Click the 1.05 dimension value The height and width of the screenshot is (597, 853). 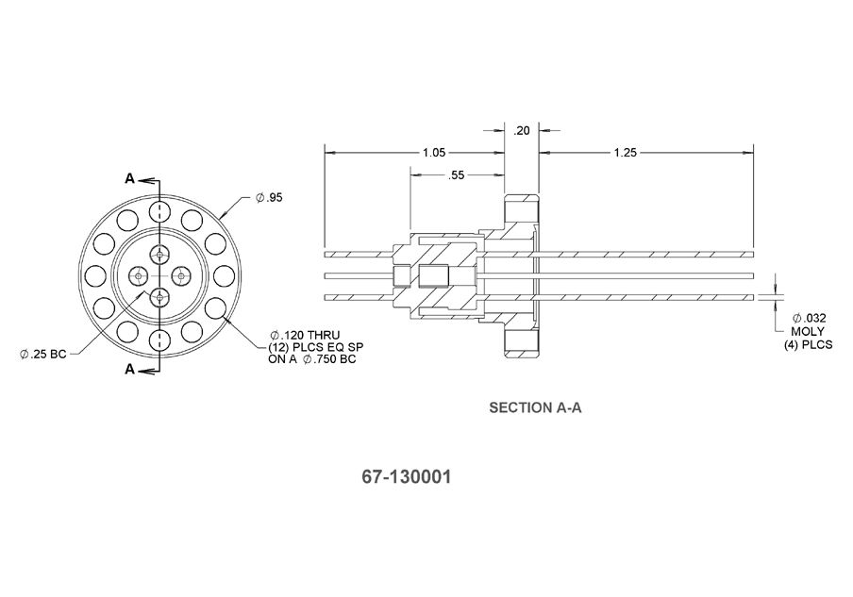pos(433,152)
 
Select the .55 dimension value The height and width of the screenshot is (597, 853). pos(456,175)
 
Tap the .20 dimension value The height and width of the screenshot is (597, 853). pos(522,131)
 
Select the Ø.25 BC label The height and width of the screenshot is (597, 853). pos(43,354)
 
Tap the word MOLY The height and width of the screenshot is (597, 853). pos(808,332)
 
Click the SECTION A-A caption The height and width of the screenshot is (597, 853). pos(533,408)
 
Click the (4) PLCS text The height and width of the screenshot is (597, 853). pos(808,345)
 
